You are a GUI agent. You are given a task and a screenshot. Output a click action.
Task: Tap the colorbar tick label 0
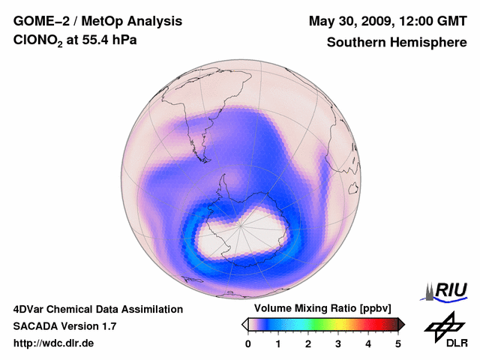tap(248, 343)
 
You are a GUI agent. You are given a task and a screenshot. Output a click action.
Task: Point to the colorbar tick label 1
tap(278, 343)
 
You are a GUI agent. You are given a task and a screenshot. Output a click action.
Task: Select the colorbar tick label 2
tap(308, 343)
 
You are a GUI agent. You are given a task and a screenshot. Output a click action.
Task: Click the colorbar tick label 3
tap(338, 343)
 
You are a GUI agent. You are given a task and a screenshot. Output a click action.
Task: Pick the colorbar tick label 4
tap(368, 343)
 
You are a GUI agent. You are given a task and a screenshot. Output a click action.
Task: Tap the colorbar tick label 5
tap(398, 343)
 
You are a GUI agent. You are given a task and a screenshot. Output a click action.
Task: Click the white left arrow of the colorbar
tap(244, 324)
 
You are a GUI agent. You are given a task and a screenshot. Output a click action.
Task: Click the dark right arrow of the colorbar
tap(401, 324)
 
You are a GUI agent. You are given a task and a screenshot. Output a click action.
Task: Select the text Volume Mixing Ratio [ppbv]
tap(322, 309)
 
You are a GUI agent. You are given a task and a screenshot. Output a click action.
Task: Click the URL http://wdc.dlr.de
tap(54, 343)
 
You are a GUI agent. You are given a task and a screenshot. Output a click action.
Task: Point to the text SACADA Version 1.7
tap(64, 326)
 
